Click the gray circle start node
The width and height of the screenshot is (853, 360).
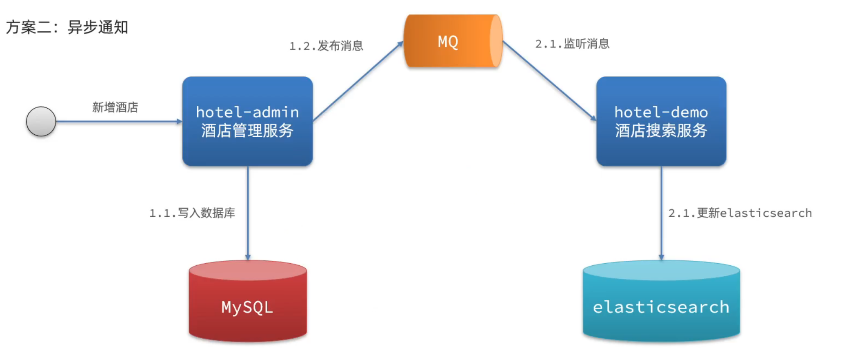[41, 121]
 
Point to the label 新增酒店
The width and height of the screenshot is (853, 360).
[115, 107]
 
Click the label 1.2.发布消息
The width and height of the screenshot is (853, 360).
[326, 46]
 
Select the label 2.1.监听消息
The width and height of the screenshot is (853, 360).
[572, 44]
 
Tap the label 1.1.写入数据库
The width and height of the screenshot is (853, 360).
[192, 213]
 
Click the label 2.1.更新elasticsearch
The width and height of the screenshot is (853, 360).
[740, 213]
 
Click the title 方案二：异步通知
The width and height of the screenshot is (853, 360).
[67, 27]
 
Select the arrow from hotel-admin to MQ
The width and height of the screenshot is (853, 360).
[358, 81]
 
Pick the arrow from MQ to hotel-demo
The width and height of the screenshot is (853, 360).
[549, 80]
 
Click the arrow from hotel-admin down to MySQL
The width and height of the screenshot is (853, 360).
[248, 212]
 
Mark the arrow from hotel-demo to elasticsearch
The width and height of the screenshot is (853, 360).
[661, 212]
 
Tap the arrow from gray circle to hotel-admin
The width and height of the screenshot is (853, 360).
[118, 121]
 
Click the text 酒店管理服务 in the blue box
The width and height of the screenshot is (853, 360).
[247, 131]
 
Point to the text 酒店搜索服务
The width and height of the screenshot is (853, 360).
[661, 131]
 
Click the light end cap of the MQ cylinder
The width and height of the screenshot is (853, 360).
[495, 41]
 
